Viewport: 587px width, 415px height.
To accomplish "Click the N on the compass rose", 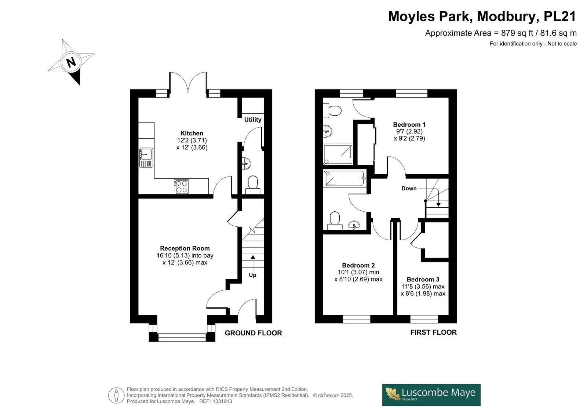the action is pyautogui.click(x=71, y=62).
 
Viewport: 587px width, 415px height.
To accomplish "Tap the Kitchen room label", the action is pyautogui.click(x=192, y=133).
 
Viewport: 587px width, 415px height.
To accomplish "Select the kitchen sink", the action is pyautogui.click(x=146, y=157).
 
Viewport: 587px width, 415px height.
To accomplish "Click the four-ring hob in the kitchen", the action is pyautogui.click(x=181, y=187).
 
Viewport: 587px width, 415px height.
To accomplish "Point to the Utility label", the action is pyautogui.click(x=253, y=120).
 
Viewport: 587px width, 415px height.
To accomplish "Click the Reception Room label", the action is pyautogui.click(x=185, y=248).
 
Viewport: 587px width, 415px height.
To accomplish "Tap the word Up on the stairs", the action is pyautogui.click(x=253, y=275).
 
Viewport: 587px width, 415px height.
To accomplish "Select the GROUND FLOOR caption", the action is pyautogui.click(x=254, y=333).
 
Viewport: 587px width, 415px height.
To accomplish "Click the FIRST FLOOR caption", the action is pyautogui.click(x=433, y=332).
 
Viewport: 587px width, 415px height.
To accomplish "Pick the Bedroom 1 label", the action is pyautogui.click(x=409, y=124).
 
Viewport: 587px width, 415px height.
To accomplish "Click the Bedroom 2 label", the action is pyautogui.click(x=358, y=265).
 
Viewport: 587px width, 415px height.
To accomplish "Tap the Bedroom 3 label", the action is pyautogui.click(x=423, y=280).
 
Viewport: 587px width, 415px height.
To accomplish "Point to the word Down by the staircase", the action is pyautogui.click(x=409, y=188).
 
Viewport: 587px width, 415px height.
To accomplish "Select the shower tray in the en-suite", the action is pyautogui.click(x=338, y=154).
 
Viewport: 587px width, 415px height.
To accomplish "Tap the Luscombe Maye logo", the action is pyautogui.click(x=431, y=395).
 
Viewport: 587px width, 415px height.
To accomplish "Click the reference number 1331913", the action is pyautogui.click(x=222, y=401).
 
